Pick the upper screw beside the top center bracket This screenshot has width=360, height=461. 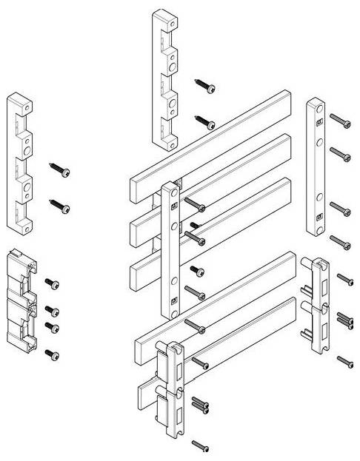tap(205, 87)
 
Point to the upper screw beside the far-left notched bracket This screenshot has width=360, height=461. tap(60, 169)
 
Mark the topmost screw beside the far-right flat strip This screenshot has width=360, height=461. tap(340, 119)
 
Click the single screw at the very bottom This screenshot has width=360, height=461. tap(200, 445)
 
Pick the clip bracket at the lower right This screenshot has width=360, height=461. tap(319, 303)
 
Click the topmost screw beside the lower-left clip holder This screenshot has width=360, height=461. tap(52, 283)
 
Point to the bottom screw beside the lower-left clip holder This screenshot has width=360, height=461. tap(52, 355)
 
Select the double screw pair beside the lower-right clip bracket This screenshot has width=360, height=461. tap(346, 320)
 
